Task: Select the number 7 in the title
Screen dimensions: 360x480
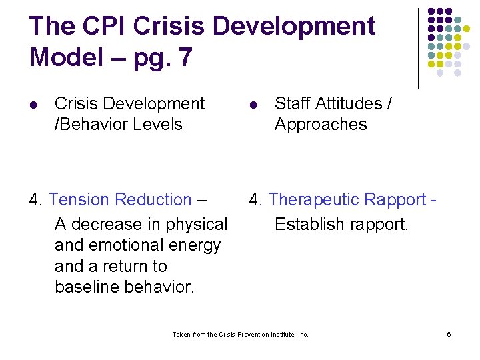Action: (183, 57)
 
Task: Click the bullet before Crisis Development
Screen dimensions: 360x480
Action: (35, 105)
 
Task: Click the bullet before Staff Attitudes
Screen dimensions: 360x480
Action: (254, 105)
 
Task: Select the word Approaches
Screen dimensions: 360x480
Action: (320, 125)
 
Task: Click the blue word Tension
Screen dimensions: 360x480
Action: (79, 200)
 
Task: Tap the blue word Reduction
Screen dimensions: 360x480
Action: (153, 200)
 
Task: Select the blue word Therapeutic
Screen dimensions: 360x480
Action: (313, 200)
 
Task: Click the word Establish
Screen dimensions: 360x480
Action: (306, 225)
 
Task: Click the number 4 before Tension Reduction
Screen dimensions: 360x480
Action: (35, 200)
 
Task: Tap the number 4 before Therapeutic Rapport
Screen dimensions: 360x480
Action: (255, 200)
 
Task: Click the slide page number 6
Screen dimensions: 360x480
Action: (449, 334)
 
